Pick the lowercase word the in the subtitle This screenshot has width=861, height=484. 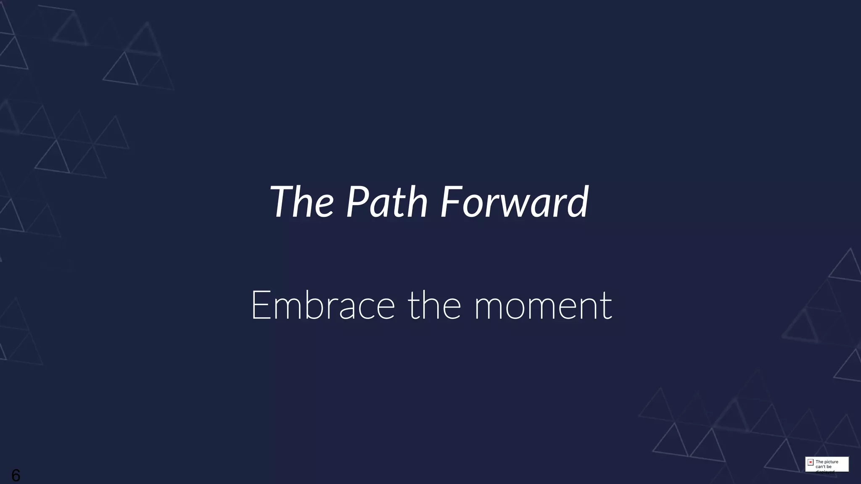pos(434,305)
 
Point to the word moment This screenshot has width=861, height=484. pos(543,306)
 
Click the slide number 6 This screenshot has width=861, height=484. pos(16,475)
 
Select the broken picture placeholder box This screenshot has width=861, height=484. pos(827,464)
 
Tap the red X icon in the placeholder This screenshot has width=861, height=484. pos(811,462)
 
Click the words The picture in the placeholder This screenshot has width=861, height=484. pos(827,462)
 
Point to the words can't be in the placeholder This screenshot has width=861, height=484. pos(824,467)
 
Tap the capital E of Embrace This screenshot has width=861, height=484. pos(260,305)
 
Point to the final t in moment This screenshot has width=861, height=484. pos(607,307)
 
